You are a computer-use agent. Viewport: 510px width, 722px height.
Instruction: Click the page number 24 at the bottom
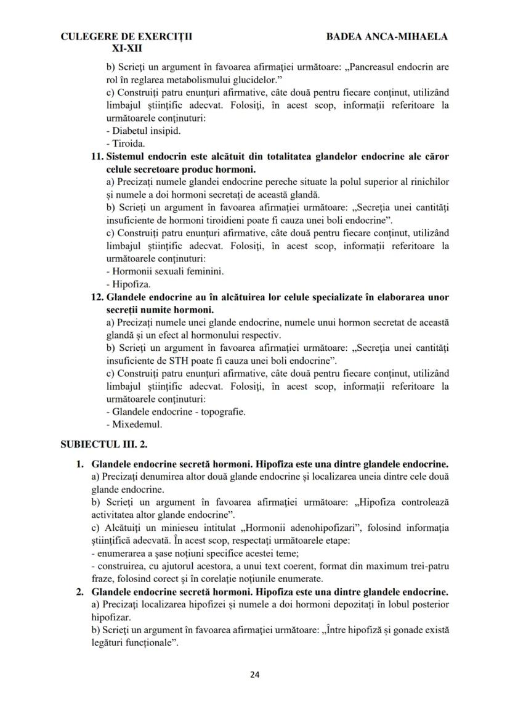point(255,674)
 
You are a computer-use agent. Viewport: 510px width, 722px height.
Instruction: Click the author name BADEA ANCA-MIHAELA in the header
point(387,36)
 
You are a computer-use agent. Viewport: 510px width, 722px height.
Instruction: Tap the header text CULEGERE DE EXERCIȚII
point(126,36)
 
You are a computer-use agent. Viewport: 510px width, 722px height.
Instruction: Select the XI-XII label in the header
point(126,47)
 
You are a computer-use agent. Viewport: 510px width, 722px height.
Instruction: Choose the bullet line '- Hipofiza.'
point(128,284)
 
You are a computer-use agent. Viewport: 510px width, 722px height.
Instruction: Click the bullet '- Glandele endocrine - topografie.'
point(176,412)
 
